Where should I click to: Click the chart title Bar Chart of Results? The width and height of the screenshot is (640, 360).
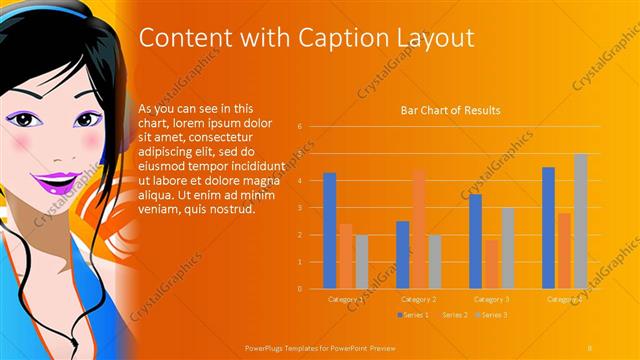[450, 110]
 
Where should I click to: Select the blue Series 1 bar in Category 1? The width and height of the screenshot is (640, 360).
[330, 231]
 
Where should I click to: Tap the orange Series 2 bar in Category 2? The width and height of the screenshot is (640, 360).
[418, 229]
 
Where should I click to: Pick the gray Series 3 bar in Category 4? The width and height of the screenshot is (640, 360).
[580, 221]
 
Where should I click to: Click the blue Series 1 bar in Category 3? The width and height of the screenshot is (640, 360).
[475, 241]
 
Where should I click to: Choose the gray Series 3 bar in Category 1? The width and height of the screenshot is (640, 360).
[362, 262]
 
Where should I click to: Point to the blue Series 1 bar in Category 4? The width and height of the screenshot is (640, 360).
[548, 228]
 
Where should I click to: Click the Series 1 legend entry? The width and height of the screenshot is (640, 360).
[414, 315]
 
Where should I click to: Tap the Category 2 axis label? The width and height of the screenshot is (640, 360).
[418, 299]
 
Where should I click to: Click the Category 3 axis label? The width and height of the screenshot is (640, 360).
[491, 299]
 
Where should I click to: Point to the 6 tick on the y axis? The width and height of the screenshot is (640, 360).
[299, 127]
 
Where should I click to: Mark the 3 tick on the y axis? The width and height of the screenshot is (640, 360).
[299, 208]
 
